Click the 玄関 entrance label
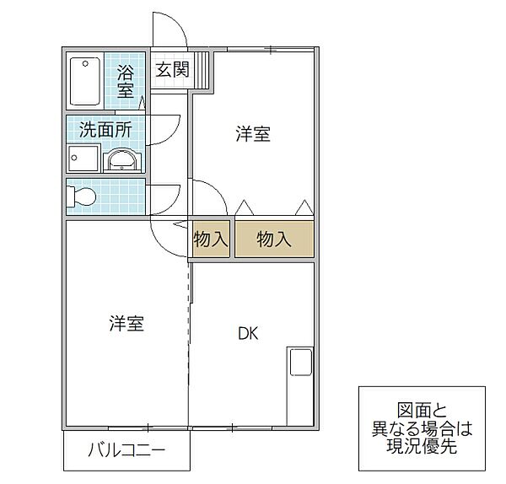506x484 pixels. click(x=172, y=70)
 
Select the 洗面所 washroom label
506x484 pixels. click(x=105, y=130)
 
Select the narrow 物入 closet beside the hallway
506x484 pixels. click(x=210, y=239)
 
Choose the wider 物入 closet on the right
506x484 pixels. click(x=273, y=239)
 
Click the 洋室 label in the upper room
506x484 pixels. click(x=252, y=134)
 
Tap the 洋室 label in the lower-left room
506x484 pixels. click(x=126, y=323)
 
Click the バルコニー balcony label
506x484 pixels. click(x=126, y=450)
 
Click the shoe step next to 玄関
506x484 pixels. click(x=202, y=72)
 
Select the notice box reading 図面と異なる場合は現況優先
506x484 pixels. click(x=421, y=428)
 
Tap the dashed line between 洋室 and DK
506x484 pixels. click(x=188, y=337)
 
